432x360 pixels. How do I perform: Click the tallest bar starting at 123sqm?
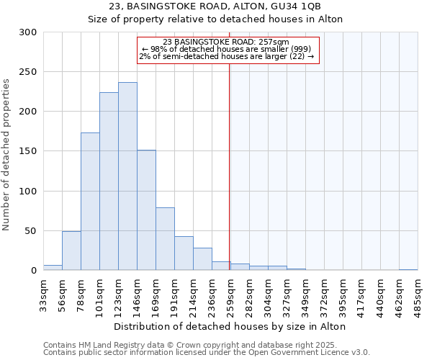click(127, 176)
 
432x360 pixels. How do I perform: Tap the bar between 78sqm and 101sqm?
click(90, 202)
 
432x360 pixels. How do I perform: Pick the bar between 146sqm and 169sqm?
click(146, 210)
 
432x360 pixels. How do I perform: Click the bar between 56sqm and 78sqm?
click(71, 251)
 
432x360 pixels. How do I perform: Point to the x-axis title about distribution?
click(230, 326)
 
